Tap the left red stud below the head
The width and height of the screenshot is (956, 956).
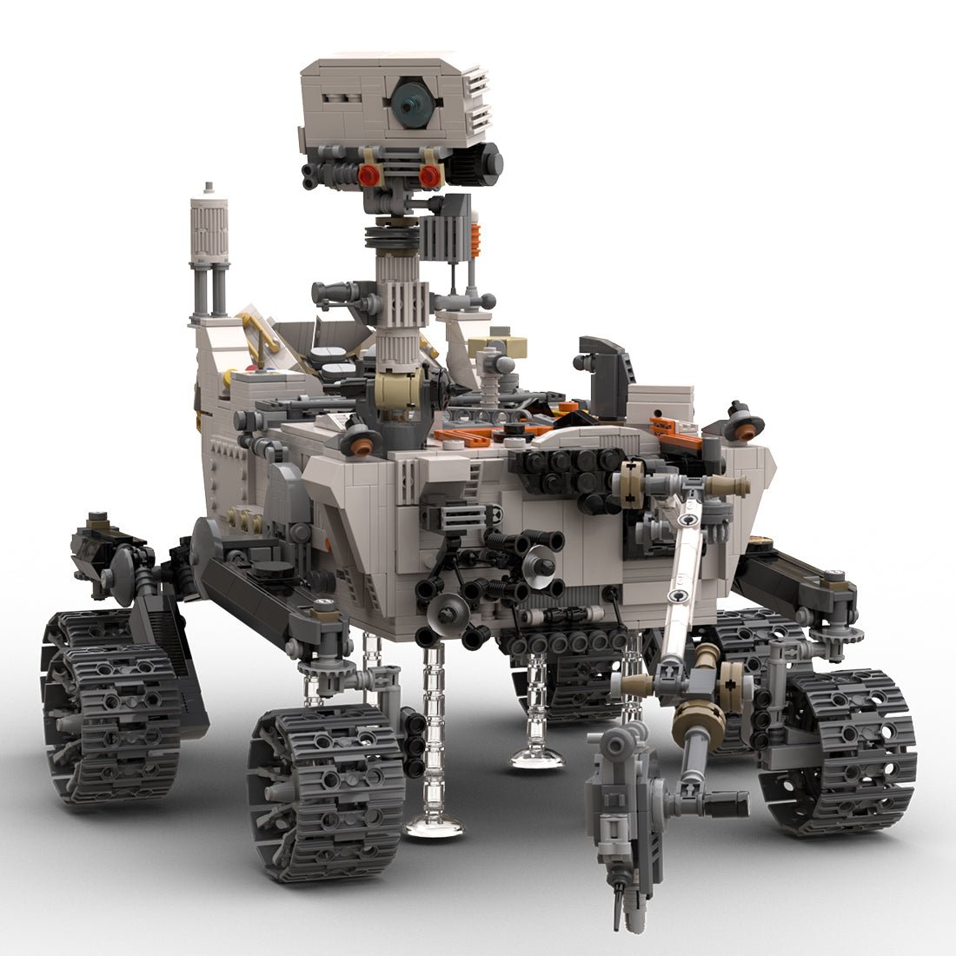click(x=368, y=175)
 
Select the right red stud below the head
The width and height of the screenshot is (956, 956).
click(x=429, y=176)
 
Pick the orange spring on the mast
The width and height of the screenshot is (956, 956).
click(x=475, y=239)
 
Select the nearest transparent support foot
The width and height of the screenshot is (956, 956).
click(x=433, y=821)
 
